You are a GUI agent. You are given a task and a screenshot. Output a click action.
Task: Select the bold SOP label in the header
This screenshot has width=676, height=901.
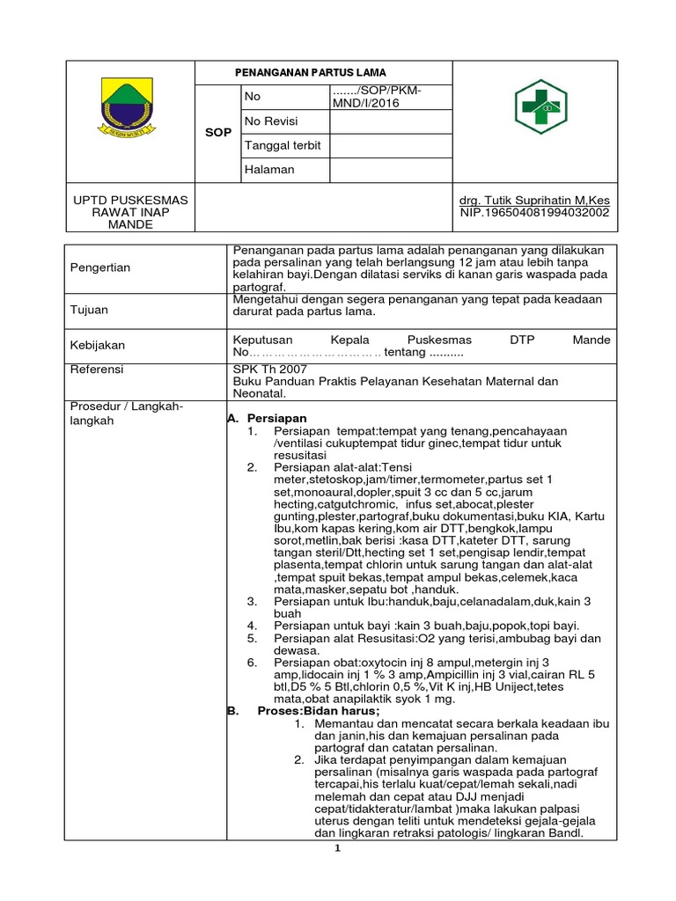(x=217, y=133)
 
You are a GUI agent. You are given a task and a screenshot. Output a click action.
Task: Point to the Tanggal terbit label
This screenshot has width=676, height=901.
(x=282, y=145)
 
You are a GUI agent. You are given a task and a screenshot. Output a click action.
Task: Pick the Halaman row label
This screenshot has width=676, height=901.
(x=269, y=169)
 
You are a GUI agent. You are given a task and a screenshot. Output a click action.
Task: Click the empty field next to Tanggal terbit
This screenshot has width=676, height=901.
(x=391, y=145)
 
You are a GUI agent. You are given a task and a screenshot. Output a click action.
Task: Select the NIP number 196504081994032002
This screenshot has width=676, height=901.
(x=534, y=213)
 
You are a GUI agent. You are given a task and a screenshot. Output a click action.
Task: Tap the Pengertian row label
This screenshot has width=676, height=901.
(x=100, y=267)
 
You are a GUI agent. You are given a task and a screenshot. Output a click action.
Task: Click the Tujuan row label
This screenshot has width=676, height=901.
(x=89, y=310)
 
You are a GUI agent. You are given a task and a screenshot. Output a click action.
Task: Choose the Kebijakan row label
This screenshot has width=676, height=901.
(x=98, y=346)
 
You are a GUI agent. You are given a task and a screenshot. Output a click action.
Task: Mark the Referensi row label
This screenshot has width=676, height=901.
(x=97, y=370)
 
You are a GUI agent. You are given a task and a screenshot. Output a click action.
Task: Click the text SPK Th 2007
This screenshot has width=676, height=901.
(x=264, y=370)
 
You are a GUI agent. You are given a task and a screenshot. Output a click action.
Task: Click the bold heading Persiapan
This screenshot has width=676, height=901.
(x=276, y=418)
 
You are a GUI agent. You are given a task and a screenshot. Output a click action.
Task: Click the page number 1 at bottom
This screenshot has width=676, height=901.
(x=336, y=849)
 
